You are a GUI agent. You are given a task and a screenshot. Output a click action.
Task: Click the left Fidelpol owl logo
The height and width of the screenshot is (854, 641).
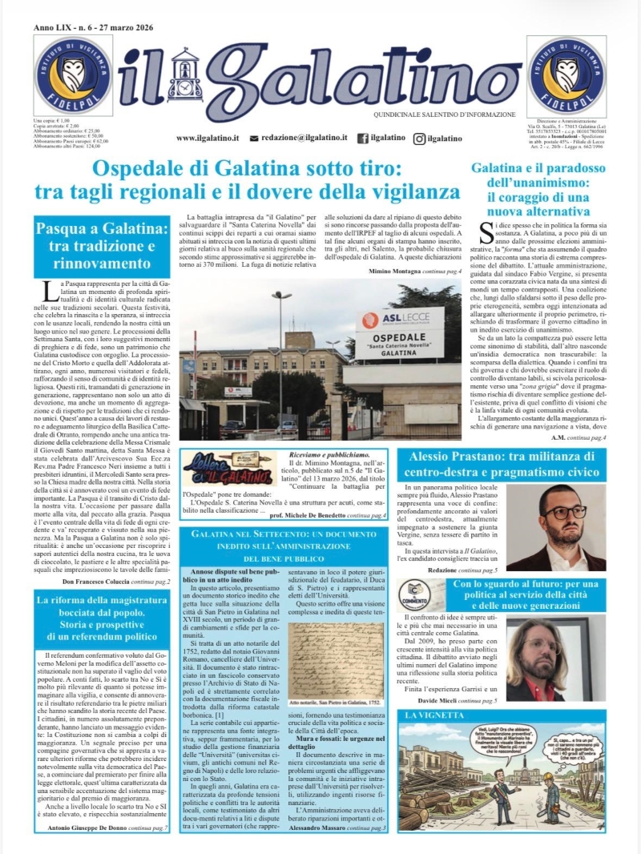(73, 75)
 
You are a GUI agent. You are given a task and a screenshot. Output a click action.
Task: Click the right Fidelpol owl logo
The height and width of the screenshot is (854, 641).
(567, 75)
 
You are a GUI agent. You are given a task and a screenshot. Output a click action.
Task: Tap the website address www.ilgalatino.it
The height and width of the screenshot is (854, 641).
(208, 139)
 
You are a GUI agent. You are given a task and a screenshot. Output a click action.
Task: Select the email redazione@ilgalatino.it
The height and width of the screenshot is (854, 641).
(305, 139)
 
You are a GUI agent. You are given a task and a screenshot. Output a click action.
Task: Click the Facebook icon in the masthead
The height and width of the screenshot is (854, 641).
(363, 139)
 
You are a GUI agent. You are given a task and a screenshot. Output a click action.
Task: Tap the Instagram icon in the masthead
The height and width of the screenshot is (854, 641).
(419, 139)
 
